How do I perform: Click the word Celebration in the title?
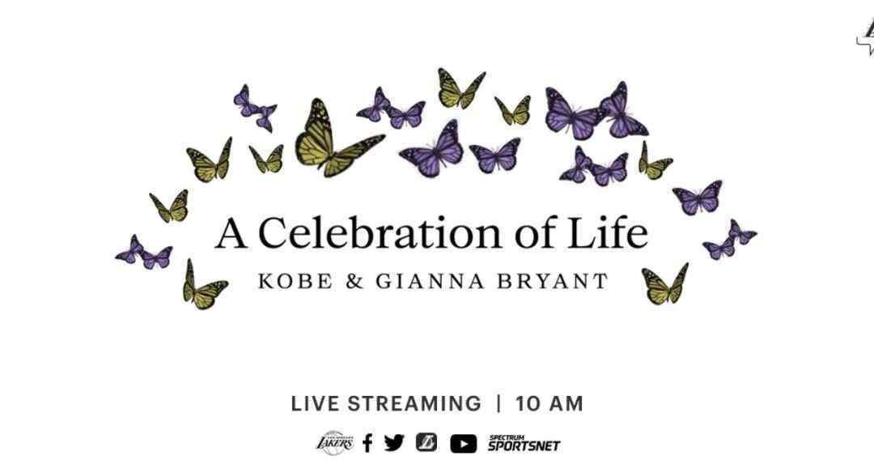379,234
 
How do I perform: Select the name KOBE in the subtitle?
295,280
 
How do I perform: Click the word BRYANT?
552,280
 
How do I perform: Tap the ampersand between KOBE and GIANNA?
354,280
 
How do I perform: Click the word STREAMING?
414,403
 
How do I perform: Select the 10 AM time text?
549,403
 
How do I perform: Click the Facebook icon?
367,444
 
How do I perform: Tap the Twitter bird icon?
394,443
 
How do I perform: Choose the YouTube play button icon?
463,444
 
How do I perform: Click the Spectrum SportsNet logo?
524,444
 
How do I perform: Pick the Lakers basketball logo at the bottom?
335,443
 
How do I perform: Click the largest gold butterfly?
338,138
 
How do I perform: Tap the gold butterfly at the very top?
460,88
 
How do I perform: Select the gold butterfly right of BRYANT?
665,284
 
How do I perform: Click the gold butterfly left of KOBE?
204,286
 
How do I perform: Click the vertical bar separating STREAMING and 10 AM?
499,403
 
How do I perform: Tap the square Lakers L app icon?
426,443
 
